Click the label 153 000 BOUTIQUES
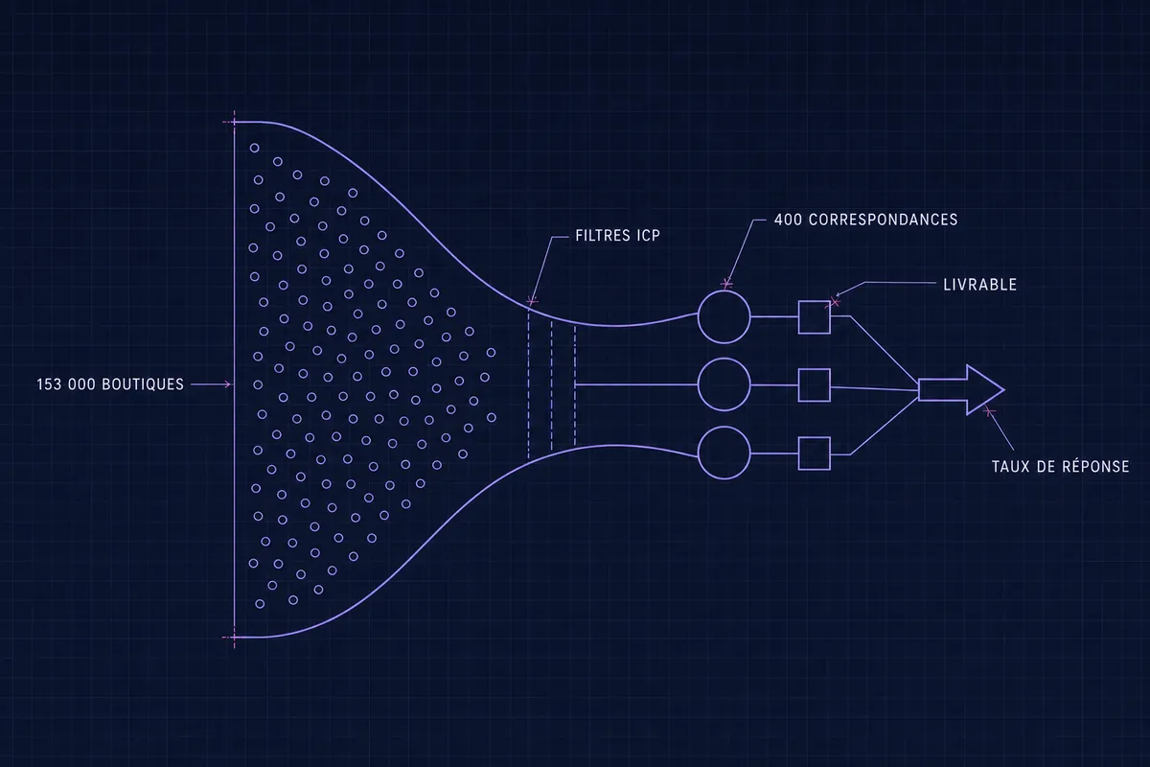[x=110, y=384]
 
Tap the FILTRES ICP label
[x=617, y=236]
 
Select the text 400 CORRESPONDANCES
[x=865, y=220]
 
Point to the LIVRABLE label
[x=979, y=285]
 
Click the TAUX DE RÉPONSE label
[x=1060, y=467]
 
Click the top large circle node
[x=724, y=291]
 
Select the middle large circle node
[x=724, y=359]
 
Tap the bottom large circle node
[x=724, y=427]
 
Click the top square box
[x=815, y=302]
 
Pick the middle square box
[x=815, y=369]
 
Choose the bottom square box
[x=815, y=438]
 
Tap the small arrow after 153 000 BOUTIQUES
[x=211, y=384]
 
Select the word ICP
[x=649, y=236]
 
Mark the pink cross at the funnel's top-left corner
[x=234, y=123]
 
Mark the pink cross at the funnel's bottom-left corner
[x=234, y=638]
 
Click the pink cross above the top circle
[x=726, y=283]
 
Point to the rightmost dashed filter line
[x=574, y=385]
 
